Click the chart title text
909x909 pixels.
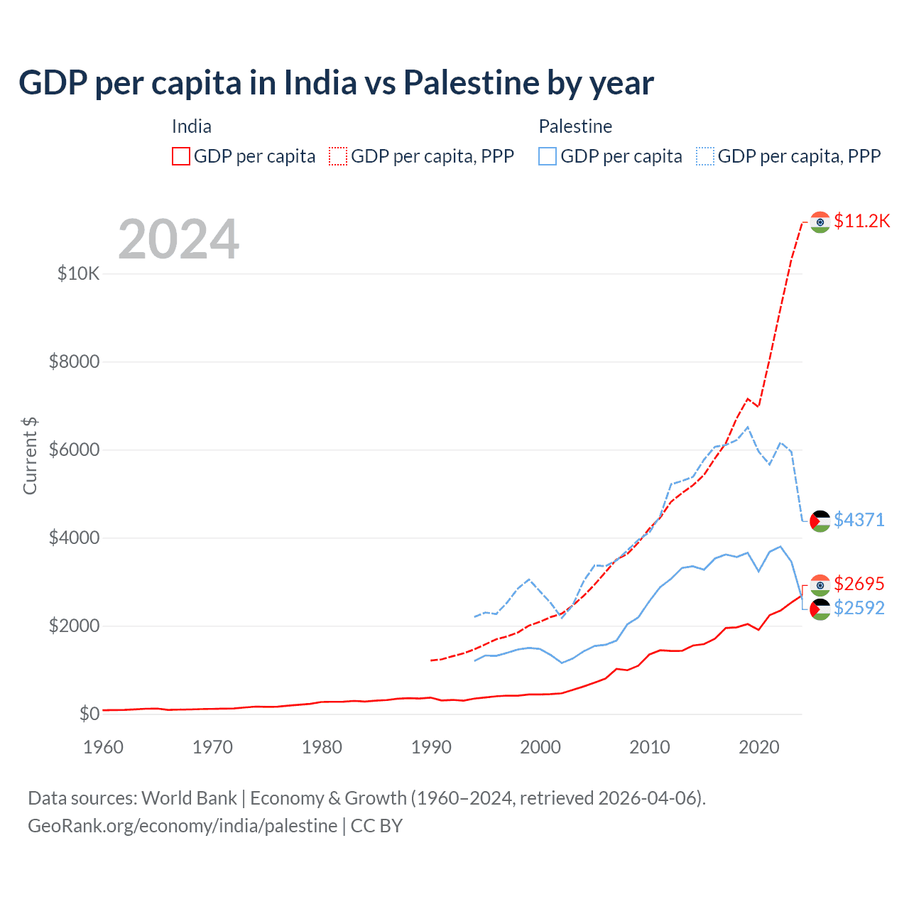[x=336, y=83]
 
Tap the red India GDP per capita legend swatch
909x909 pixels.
[x=181, y=156]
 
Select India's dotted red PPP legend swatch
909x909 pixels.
[x=338, y=156]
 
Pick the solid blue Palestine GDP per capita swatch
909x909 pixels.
[x=548, y=156]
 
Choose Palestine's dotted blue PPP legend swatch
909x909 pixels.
[x=705, y=156]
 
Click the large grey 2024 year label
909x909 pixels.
[x=179, y=239]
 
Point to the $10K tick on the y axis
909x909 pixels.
[x=79, y=273]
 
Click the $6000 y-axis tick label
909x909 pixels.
[x=74, y=450]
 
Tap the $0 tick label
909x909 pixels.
[x=89, y=714]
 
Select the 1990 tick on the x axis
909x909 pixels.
[x=431, y=747]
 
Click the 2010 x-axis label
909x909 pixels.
[x=650, y=747]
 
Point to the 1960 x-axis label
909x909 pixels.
[x=104, y=747]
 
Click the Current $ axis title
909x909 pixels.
[x=30, y=456]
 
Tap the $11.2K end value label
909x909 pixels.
[x=861, y=221]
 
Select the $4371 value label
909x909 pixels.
[x=859, y=520]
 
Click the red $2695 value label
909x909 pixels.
[x=859, y=584]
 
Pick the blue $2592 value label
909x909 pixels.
[x=859, y=608]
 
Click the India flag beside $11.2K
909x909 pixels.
[x=820, y=222]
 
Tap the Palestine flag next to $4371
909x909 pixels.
[x=820, y=521]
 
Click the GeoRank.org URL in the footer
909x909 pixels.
[x=183, y=826]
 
